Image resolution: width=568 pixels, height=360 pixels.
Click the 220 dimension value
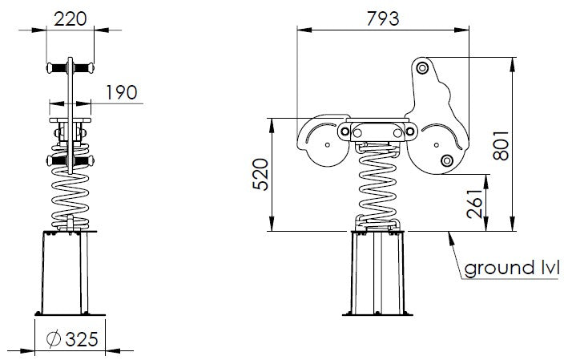70,19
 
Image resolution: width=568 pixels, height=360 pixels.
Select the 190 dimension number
122,92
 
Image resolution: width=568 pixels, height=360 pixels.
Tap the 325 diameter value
82,339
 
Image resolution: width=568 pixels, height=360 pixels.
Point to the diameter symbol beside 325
54,339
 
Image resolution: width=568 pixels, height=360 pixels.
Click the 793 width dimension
383,19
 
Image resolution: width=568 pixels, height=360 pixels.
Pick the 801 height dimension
501,145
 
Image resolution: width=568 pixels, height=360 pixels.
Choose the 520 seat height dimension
261,175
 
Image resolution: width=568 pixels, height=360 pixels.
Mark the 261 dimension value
475,204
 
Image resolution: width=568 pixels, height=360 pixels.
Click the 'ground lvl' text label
512,269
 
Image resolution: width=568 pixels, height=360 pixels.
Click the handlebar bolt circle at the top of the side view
421,68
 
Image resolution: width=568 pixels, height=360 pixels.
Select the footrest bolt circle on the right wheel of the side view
447,160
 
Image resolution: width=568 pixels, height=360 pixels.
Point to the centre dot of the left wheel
328,145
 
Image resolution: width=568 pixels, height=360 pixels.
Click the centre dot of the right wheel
437,145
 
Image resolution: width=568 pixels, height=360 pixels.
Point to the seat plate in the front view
70,120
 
